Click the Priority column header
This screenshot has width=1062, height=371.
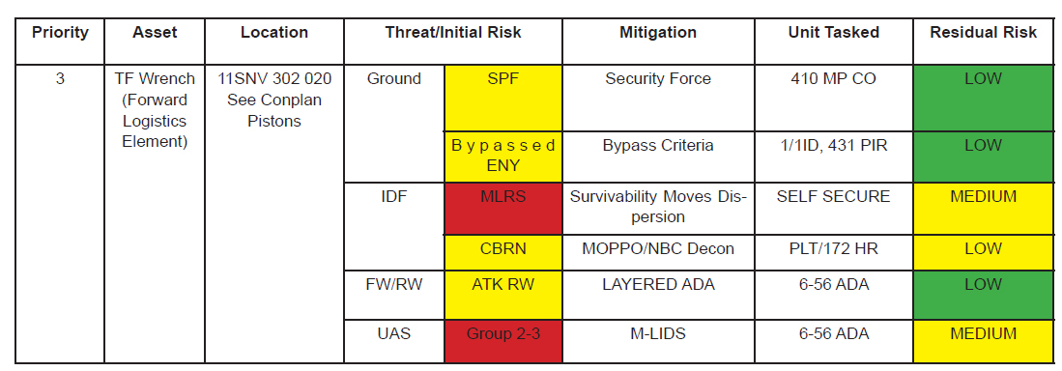60,33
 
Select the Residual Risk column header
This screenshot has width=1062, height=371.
983,33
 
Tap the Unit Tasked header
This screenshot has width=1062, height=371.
833,33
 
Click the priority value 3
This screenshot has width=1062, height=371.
60,79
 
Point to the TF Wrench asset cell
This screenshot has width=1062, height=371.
155,110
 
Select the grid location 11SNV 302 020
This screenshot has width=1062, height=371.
274,79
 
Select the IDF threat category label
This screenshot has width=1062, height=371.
393,197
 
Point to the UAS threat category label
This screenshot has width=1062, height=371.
393,334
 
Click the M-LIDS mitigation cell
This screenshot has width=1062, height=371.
658,334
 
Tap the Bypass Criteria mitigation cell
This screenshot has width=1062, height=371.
658,146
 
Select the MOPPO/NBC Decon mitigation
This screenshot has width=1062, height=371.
658,249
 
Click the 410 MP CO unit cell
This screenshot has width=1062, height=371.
833,79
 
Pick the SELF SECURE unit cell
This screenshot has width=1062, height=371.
833,197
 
